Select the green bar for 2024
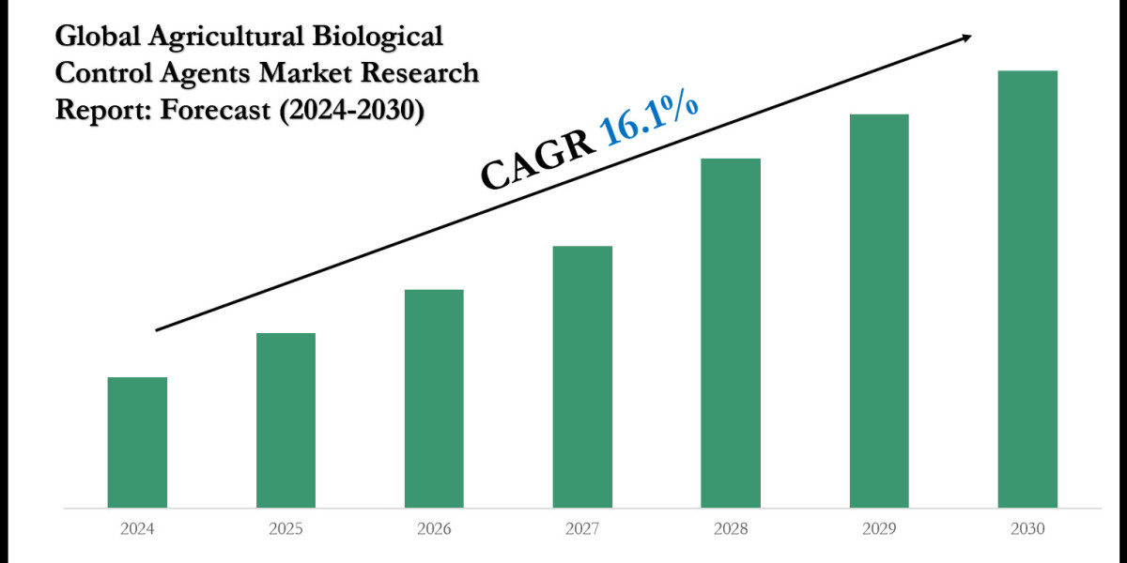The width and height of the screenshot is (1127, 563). click(137, 442)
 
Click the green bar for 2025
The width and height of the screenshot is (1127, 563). click(286, 420)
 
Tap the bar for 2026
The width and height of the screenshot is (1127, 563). click(434, 399)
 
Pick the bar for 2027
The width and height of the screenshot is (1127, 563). click(582, 376)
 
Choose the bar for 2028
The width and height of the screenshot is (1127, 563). click(731, 333)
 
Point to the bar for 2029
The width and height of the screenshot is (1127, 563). click(879, 311)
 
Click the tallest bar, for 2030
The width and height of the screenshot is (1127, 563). click(1027, 289)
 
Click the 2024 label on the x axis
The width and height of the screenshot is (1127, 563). click(137, 529)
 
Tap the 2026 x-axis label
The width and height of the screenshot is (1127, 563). click(434, 529)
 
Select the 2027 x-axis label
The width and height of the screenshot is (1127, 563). click(582, 529)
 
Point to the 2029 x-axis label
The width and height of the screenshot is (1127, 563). click(879, 529)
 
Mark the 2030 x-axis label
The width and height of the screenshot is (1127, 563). click(1027, 529)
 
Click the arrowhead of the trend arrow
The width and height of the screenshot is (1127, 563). click(964, 38)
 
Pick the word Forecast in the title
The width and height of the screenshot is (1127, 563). click(215, 109)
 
